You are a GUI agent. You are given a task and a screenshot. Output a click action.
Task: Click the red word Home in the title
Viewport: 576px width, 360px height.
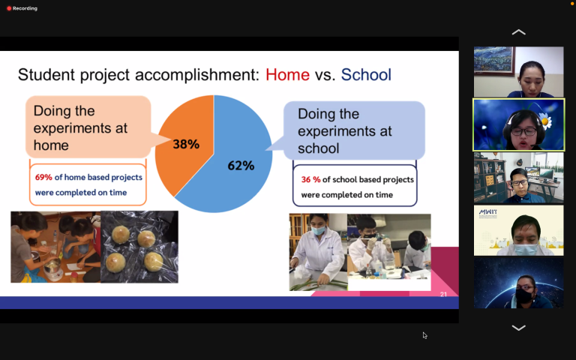(288, 74)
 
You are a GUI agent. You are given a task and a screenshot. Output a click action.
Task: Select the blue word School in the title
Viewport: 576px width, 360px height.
(366, 74)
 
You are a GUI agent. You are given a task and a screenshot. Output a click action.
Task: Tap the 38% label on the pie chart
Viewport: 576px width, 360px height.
(186, 144)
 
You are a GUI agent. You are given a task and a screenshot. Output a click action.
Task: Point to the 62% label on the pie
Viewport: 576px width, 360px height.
(241, 166)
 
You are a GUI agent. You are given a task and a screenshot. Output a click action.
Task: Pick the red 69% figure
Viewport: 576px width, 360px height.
(43, 178)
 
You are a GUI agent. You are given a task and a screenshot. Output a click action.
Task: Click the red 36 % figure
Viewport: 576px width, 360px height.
(310, 180)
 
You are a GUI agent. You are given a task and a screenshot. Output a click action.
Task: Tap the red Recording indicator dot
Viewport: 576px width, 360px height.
(9, 8)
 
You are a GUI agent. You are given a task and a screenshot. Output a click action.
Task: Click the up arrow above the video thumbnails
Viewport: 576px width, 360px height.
(519, 32)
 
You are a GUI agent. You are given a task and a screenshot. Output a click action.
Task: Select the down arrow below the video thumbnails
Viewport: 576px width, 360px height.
(519, 328)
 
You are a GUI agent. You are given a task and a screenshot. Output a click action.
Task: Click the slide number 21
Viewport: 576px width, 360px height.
(443, 294)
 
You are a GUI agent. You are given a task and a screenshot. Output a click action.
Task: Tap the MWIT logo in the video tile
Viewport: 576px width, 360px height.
(488, 213)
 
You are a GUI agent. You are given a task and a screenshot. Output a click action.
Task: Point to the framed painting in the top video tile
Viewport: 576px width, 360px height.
(494, 60)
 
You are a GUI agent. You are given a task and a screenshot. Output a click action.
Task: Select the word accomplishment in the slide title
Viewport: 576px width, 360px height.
(197, 75)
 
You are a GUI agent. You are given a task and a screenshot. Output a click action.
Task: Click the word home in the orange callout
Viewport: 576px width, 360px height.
(51, 145)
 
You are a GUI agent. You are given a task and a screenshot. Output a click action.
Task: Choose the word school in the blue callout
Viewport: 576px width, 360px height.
(319, 148)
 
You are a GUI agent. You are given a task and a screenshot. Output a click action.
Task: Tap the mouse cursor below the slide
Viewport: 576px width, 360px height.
(424, 335)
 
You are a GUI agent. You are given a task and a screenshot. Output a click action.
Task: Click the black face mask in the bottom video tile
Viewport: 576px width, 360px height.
(524, 295)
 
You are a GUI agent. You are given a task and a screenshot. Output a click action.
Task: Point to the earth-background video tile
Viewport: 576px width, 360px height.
(519, 283)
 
